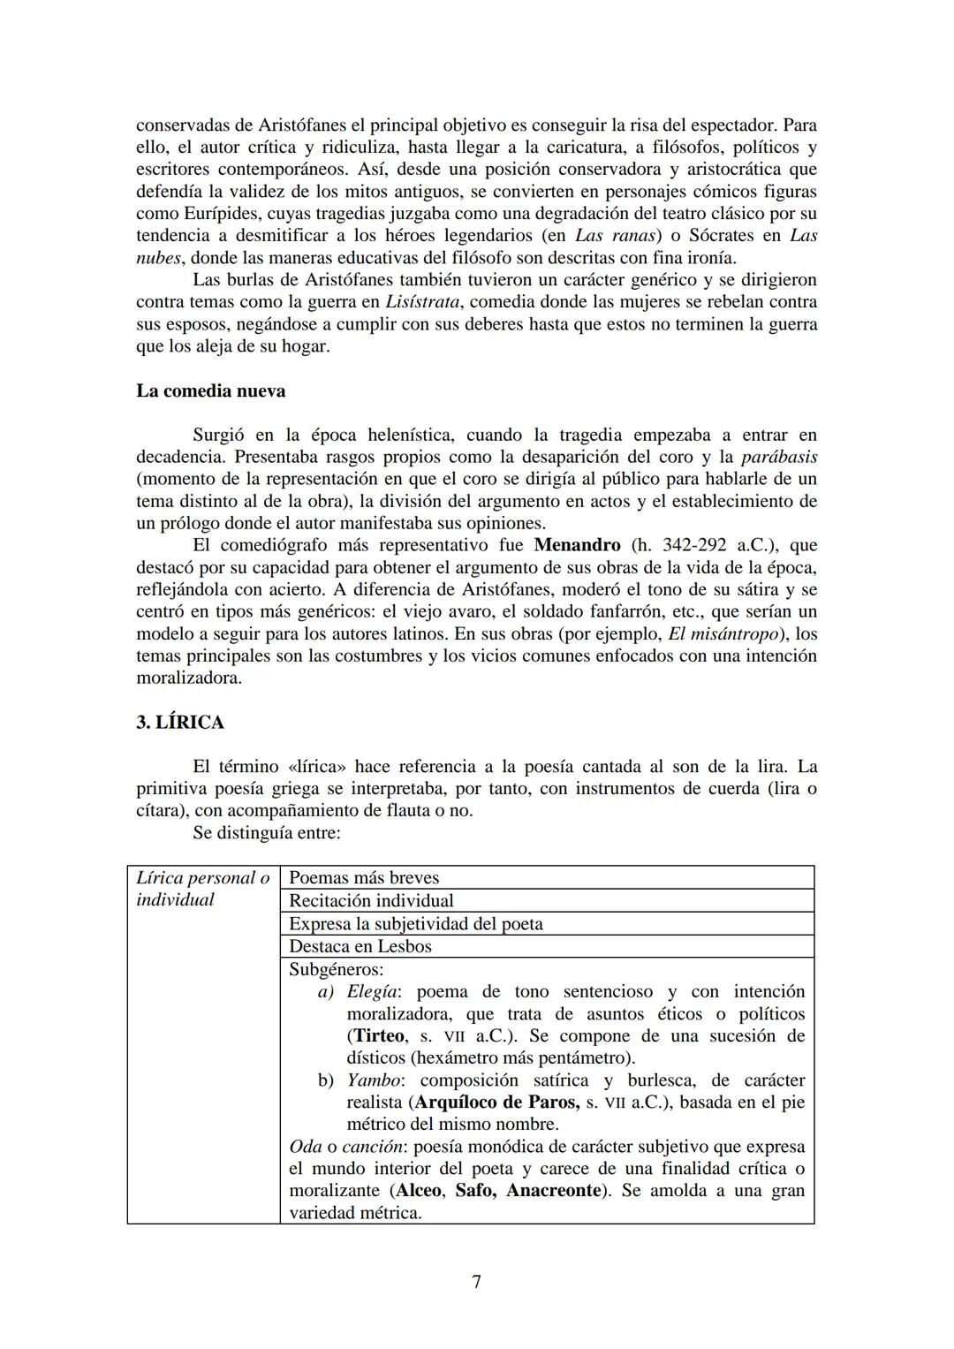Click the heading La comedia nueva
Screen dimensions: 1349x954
[x=210, y=390]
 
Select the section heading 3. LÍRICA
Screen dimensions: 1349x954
[x=180, y=722]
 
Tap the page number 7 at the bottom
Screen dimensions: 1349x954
[x=477, y=1281]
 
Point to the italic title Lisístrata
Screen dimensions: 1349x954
[x=421, y=302]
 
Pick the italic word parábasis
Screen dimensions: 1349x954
[x=778, y=457]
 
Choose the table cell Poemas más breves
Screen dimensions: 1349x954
[x=364, y=877]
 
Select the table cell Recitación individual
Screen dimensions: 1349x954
[x=371, y=900]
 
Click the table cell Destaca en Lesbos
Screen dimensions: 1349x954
[x=360, y=946]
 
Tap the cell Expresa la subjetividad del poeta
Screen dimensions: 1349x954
[x=415, y=923]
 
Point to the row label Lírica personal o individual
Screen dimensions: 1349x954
[x=202, y=889]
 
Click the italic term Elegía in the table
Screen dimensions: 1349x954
[x=371, y=991]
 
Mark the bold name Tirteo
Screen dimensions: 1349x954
[x=379, y=1035]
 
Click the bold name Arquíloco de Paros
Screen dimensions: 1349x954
[x=496, y=1102]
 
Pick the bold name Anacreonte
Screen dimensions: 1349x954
[x=554, y=1190]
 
